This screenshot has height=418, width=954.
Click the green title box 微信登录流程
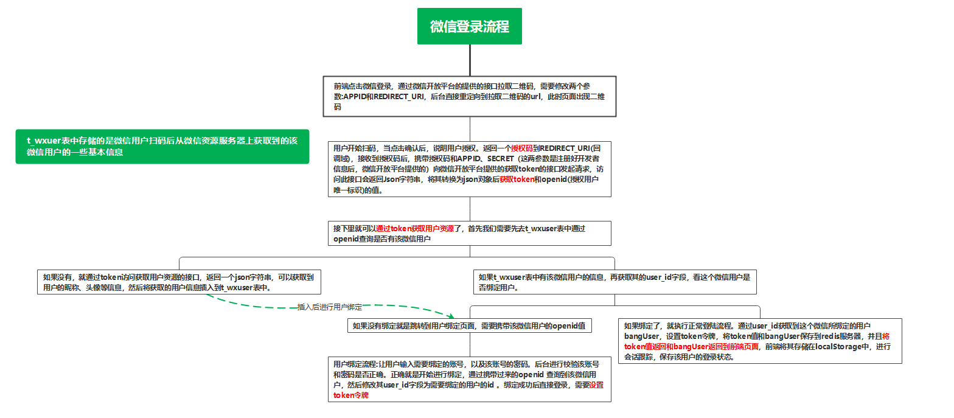(x=469, y=27)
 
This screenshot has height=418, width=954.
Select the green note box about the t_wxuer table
(x=162, y=147)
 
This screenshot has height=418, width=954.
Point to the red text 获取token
(x=517, y=179)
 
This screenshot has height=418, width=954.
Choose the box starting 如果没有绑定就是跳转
(x=469, y=326)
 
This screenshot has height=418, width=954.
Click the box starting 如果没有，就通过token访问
(x=178, y=282)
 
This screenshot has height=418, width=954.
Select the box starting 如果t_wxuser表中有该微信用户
(x=615, y=282)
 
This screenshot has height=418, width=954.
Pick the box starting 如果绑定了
(x=759, y=341)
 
